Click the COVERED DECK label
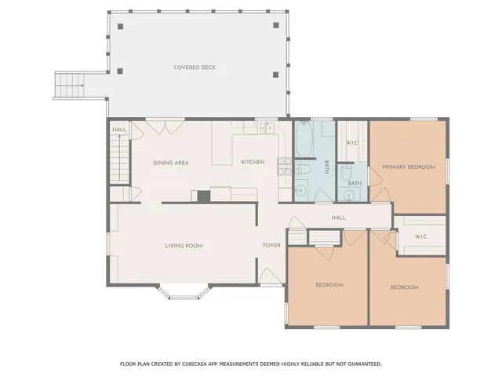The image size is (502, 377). [x=195, y=68]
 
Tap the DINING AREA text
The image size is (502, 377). [x=170, y=163]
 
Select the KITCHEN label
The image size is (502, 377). [x=253, y=163]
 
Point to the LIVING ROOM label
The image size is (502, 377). [x=184, y=246]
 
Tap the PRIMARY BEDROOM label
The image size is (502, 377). [x=408, y=167]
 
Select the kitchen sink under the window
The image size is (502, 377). [x=266, y=126]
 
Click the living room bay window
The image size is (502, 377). [x=183, y=292]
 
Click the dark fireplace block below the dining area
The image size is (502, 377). [x=204, y=196]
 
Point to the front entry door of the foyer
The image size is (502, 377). [x=267, y=276]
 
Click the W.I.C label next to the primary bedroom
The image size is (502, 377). [x=352, y=143]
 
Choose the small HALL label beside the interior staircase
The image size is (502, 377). [x=119, y=130]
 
